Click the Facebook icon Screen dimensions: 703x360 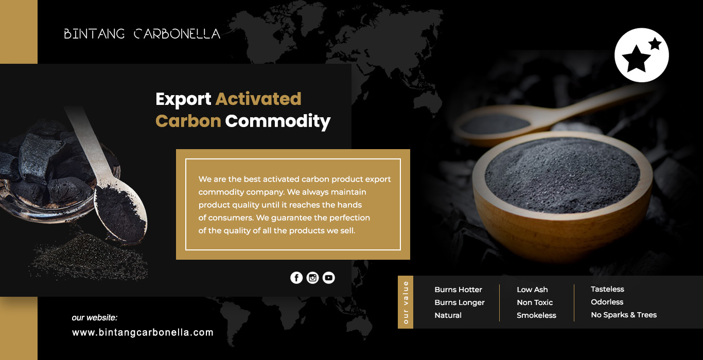tap(296, 278)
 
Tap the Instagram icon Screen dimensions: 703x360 tap(312, 278)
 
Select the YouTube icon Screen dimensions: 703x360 tap(328, 278)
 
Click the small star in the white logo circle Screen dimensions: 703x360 tap(655, 44)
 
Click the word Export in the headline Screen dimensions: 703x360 tap(183, 100)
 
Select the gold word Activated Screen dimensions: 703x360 tap(258, 99)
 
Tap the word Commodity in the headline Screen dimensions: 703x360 tap(278, 122)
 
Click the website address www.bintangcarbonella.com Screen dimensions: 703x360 tap(143, 332)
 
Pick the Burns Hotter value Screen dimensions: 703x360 tap(458, 290)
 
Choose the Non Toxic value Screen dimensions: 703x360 tap(535, 302)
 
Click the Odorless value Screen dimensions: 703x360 tap(607, 302)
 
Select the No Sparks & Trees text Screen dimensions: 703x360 tap(624, 315)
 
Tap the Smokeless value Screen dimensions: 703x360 tap(536, 315)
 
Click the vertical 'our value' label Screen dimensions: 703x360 tap(406, 302)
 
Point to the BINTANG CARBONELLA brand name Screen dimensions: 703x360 tap(142, 34)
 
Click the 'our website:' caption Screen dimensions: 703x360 tap(95, 318)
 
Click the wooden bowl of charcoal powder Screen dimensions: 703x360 tap(562, 194)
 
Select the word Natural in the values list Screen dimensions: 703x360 tap(448, 315)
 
